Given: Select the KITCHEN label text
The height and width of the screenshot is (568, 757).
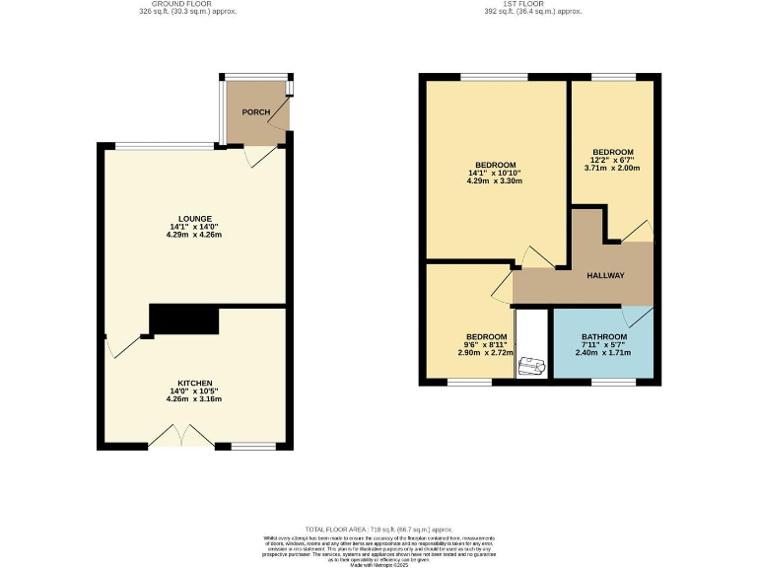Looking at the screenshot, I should tap(194, 383).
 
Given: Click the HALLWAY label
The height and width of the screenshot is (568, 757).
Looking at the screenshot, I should tap(605, 275).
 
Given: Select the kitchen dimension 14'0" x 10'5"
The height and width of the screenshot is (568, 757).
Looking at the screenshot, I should tap(194, 391).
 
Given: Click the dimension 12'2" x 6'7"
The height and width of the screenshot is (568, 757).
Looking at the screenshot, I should tap(611, 160).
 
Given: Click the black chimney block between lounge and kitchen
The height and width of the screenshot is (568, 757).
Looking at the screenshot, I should tap(183, 319).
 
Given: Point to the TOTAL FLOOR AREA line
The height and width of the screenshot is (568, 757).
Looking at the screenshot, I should tap(378, 529).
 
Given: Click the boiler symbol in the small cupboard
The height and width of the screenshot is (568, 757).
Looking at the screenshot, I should tap(532, 365).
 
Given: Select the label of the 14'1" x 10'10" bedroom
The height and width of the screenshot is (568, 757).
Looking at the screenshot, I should tap(495, 165).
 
